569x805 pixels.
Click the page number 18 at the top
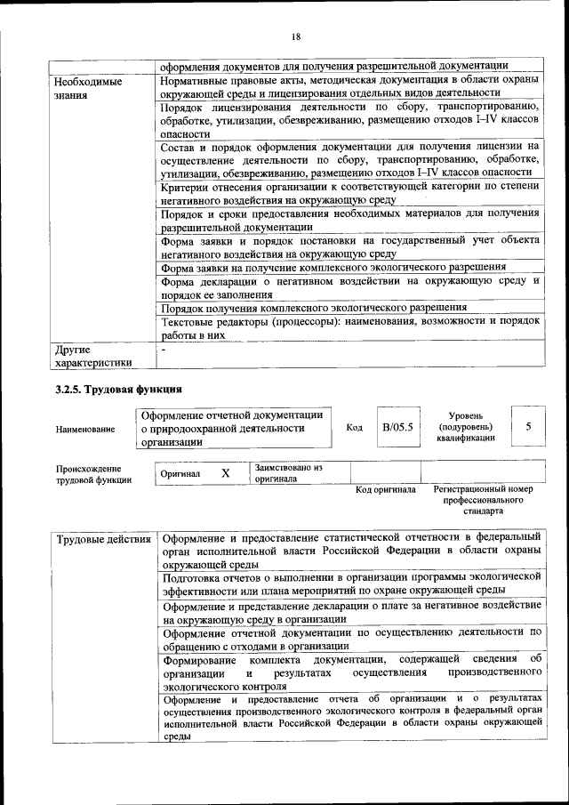point(296,36)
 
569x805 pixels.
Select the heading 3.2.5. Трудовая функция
point(118,389)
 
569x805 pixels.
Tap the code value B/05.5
point(397,427)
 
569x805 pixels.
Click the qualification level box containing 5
point(528,427)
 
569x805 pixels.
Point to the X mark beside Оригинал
point(225,473)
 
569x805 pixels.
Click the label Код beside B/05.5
point(354,428)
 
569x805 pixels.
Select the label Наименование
point(84,430)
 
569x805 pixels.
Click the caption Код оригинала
point(385,490)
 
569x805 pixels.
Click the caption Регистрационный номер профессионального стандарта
point(482,500)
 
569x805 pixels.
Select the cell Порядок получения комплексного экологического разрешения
point(325,307)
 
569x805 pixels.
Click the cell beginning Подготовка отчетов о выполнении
point(349,583)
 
